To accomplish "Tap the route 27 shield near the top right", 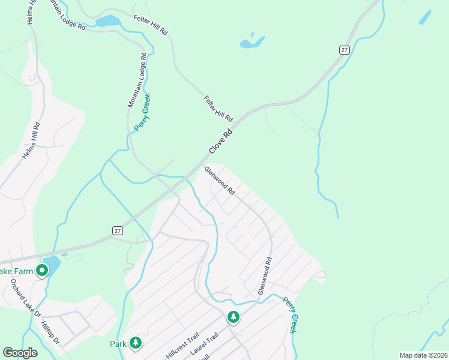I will click(x=343, y=50).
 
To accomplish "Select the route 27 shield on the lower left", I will click(x=118, y=230).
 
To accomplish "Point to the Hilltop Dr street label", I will click(x=50, y=331).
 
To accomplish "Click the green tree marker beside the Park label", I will click(x=136, y=343).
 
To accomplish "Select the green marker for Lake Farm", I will click(x=42, y=271).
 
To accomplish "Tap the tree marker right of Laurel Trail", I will click(x=234, y=316).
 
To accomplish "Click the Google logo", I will click(x=20, y=353).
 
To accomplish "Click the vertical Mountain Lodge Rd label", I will click(x=137, y=80).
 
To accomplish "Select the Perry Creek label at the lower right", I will click(x=290, y=316).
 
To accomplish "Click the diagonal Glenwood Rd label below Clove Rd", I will click(x=219, y=181).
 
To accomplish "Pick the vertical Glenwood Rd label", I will click(x=265, y=275).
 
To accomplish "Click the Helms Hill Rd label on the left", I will click(x=31, y=141).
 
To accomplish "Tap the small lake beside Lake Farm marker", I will click(x=53, y=265).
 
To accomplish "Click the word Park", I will click(x=118, y=344).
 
